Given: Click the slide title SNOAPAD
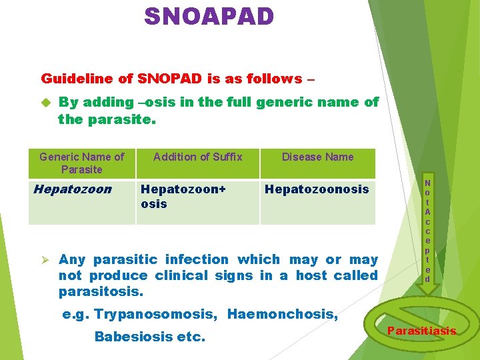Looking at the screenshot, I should pos(209,15).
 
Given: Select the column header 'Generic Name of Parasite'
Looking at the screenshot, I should pos(81,163).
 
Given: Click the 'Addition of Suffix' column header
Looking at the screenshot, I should pos(197,157).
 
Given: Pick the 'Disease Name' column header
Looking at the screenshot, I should pos(317,157).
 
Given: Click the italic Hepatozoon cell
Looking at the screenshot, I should pos(72,189).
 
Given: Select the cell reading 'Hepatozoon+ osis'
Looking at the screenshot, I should pos(183,196).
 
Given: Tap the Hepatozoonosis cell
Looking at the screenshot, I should pos(317,189).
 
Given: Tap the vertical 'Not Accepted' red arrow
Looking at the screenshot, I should pos(427,231).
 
